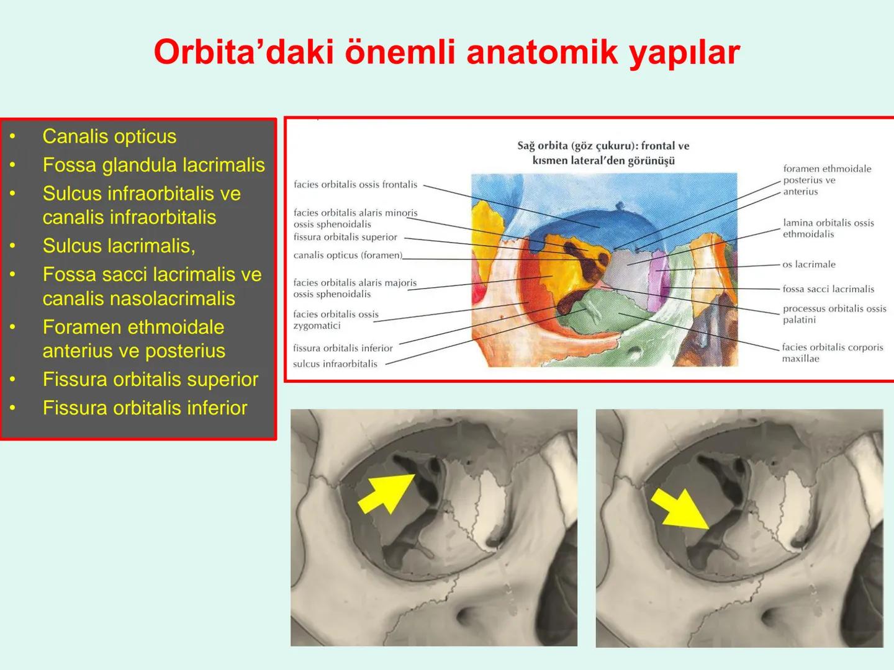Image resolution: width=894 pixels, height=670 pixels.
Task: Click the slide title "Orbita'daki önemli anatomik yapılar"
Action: tap(446, 52)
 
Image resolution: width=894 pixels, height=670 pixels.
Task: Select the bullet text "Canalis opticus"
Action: tap(109, 136)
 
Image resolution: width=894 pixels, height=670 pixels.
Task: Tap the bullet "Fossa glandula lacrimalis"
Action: tap(153, 165)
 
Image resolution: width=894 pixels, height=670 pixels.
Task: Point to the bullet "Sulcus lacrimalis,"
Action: tap(119, 246)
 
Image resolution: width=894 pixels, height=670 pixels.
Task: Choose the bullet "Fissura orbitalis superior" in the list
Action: tap(150, 379)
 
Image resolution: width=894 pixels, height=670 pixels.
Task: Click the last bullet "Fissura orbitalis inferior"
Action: tap(145, 408)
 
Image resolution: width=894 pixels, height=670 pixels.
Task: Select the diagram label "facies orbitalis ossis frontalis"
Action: tap(355, 184)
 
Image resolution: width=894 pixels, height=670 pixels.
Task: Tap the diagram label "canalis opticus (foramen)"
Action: tap(348, 255)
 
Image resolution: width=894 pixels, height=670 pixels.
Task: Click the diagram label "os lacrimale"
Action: tap(808, 264)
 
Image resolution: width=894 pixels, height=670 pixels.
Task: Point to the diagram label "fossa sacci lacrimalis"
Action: tap(828, 289)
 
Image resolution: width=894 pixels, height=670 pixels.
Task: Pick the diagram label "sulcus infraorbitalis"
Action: tap(335, 364)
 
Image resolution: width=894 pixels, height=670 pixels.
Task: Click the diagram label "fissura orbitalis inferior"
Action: tap(343, 348)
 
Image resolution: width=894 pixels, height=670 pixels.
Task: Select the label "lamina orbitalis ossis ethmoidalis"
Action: tap(828, 228)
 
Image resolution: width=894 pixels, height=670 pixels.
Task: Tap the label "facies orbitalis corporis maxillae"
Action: tap(832, 353)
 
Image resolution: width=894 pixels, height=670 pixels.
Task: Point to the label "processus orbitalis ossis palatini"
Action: tap(834, 314)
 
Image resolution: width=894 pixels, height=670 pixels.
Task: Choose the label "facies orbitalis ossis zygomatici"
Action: tap(336, 319)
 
